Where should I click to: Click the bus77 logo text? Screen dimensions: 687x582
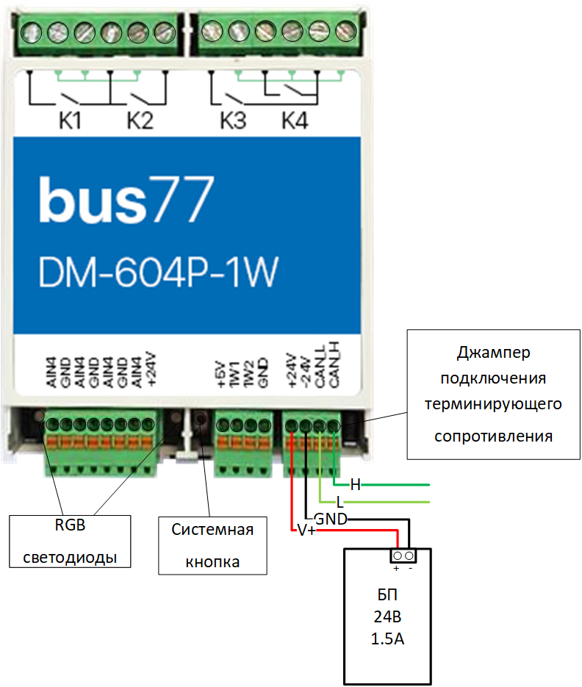point(126,199)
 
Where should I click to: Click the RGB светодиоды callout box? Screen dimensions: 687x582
point(71,542)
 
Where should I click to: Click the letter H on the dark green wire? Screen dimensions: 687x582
point(355,485)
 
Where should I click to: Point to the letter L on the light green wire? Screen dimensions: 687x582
point(339,503)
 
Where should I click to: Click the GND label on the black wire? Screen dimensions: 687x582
point(331,519)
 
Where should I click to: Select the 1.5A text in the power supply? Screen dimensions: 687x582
point(388,639)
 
